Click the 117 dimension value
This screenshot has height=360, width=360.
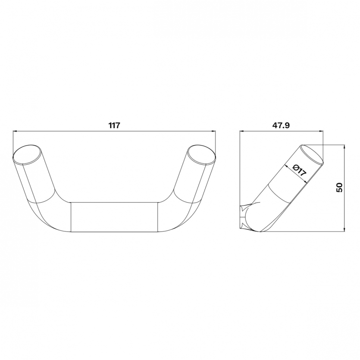(x=114, y=125)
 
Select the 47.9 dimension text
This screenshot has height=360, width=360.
(x=281, y=125)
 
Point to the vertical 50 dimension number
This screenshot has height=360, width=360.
(x=339, y=188)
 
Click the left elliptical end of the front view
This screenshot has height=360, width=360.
(x=28, y=154)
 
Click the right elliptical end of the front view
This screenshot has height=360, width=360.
(x=201, y=154)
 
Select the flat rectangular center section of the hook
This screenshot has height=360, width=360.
(x=114, y=217)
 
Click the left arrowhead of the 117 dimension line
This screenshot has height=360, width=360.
(x=15, y=131)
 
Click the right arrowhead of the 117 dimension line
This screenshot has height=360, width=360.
(x=213, y=131)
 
